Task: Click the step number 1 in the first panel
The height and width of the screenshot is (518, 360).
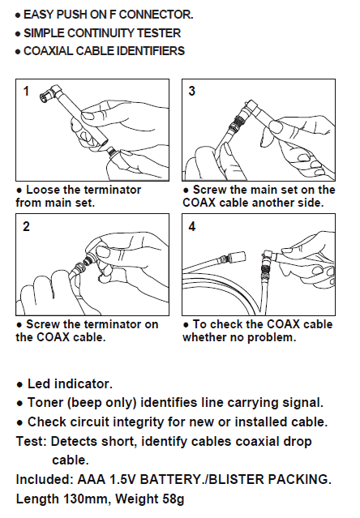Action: (x=27, y=91)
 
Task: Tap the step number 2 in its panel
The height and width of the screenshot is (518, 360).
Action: (x=26, y=226)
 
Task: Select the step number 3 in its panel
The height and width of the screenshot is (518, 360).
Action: (x=192, y=91)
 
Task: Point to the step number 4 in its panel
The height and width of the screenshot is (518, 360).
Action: (x=192, y=226)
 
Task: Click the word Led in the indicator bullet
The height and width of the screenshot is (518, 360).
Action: (x=39, y=384)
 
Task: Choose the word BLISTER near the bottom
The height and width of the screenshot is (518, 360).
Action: (x=236, y=479)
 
